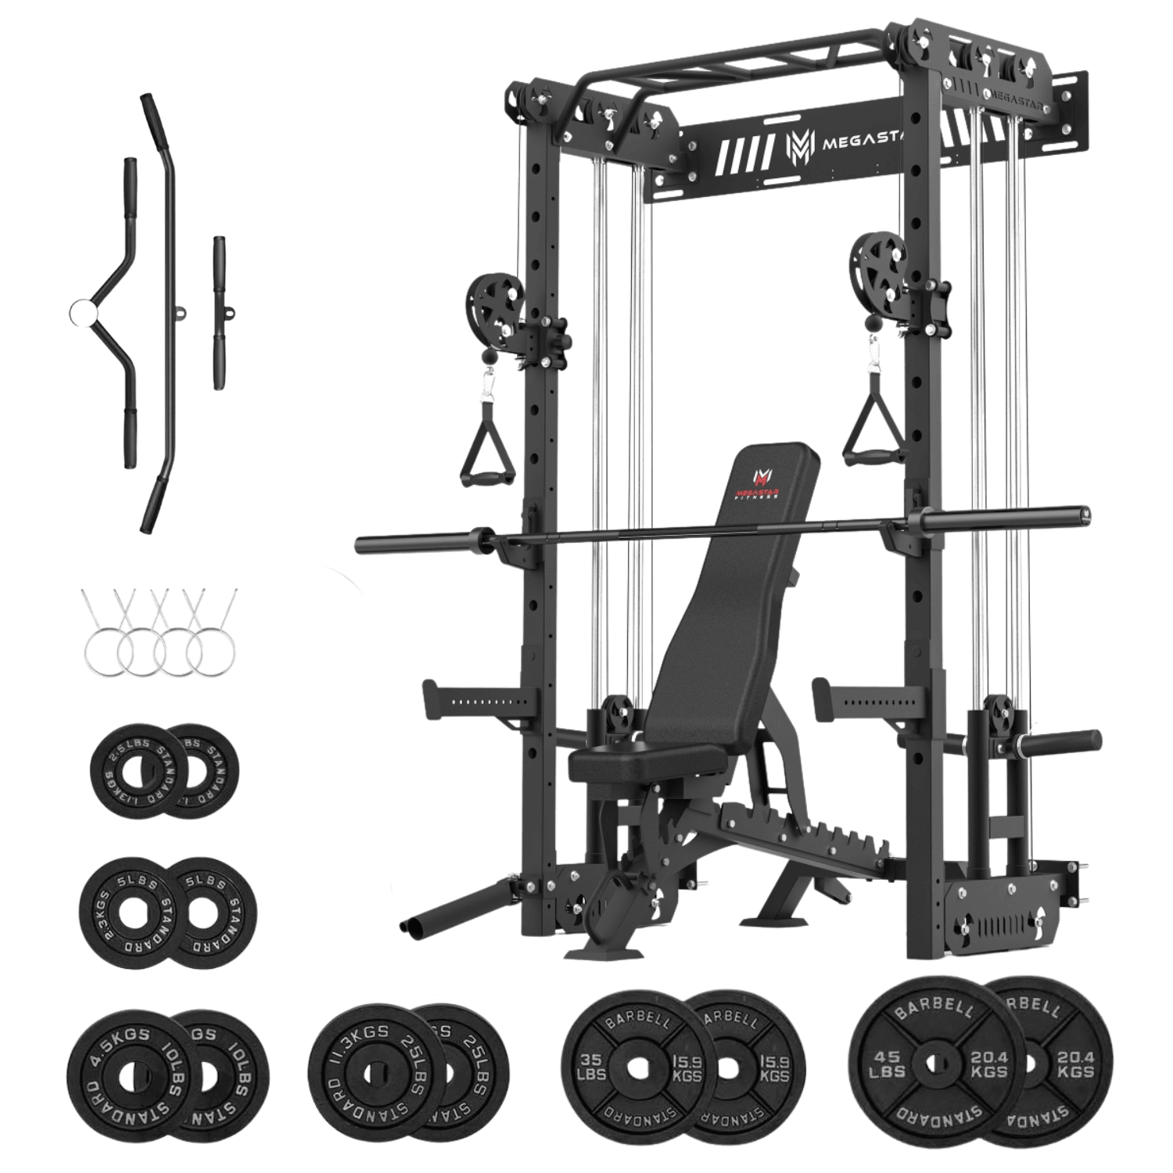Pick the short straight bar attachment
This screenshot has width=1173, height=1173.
coord(217,313)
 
